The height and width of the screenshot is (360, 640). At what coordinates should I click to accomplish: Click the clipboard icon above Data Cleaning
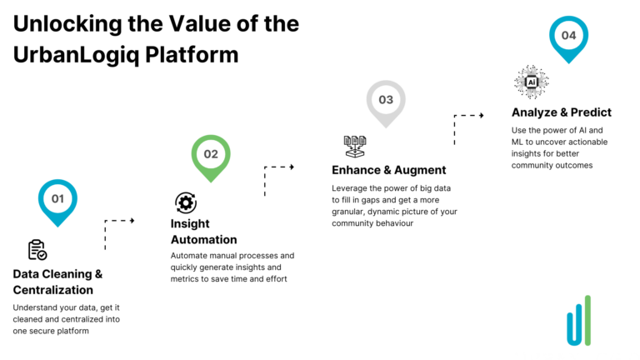tap(37, 249)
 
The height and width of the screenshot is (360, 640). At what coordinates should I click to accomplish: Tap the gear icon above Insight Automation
tap(185, 202)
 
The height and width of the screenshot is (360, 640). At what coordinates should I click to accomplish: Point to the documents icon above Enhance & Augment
tap(355, 147)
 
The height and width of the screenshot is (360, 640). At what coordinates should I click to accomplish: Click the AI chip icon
tap(531, 82)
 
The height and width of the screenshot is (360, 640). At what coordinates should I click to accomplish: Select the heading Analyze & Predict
tap(561, 112)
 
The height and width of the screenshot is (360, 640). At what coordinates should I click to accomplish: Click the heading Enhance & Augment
tap(388, 170)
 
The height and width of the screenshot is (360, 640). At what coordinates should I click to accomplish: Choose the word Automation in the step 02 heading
tap(203, 239)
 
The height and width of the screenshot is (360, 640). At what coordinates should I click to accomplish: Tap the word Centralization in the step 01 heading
tap(53, 289)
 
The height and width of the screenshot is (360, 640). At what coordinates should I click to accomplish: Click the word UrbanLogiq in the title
tap(76, 54)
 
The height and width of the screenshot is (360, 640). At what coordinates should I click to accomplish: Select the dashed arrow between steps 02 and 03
tap(278, 178)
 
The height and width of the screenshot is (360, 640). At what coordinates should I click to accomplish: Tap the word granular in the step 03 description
tap(351, 212)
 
